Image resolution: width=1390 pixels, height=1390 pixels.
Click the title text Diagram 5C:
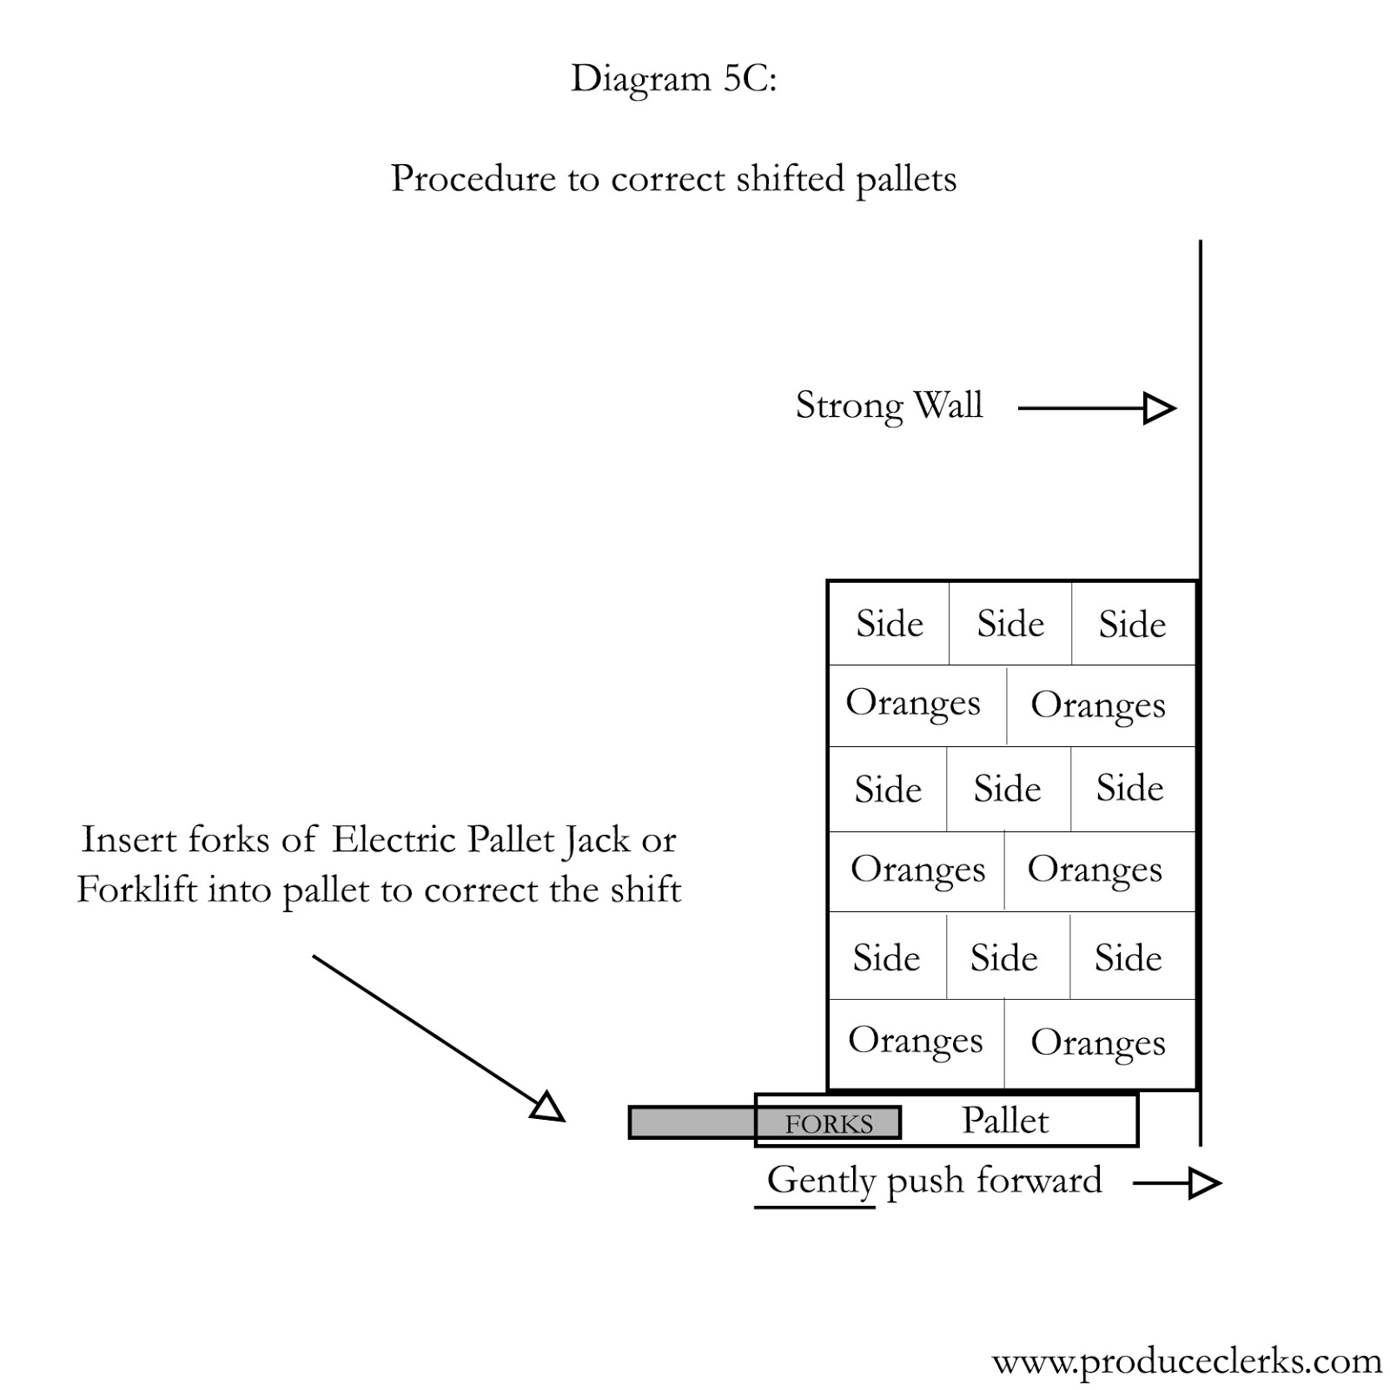(673, 79)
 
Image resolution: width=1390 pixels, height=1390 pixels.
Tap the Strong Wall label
(889, 406)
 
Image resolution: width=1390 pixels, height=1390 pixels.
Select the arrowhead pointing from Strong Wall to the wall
(1159, 408)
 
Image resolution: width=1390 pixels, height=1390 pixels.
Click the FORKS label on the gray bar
(829, 1124)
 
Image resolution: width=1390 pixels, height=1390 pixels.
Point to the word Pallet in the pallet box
(1005, 1121)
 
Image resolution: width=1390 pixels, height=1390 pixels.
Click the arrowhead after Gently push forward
(1204, 1183)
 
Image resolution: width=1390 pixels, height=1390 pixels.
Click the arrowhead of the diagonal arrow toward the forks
(548, 1108)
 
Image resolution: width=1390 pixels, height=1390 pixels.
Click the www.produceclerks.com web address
(1187, 1360)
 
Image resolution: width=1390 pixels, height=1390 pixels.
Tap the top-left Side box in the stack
(889, 624)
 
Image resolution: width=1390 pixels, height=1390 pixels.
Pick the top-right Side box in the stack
(1132, 624)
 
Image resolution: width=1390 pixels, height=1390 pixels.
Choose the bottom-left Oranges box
(916, 1042)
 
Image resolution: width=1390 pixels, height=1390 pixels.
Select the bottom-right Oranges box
(1098, 1042)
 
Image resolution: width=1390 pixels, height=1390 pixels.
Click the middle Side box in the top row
(1010, 624)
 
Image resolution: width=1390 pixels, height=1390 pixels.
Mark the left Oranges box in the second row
(914, 704)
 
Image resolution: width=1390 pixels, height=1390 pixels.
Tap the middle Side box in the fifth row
(1004, 958)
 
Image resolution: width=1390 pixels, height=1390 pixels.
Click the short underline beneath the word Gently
(814, 1208)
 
